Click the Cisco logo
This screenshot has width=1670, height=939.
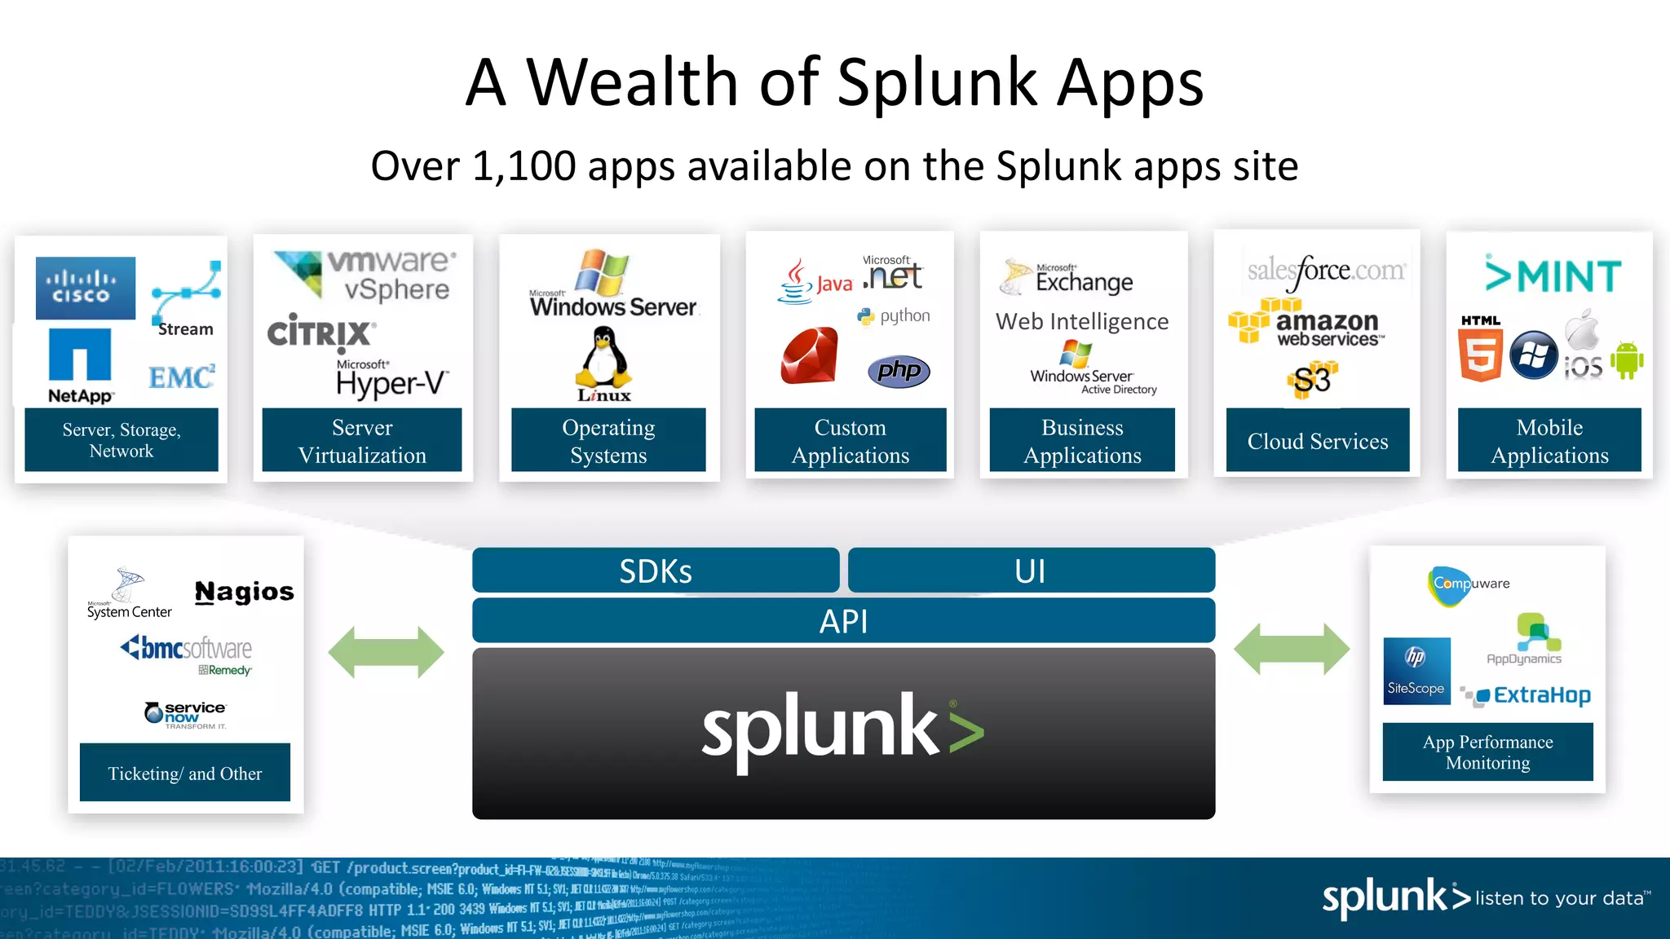pyautogui.click(x=86, y=288)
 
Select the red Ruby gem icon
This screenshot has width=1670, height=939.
pyautogui.click(x=809, y=355)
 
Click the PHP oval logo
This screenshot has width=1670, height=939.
pyautogui.click(x=899, y=371)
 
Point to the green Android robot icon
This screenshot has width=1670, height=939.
pyautogui.click(x=1627, y=359)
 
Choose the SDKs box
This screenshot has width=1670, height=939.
pyautogui.click(x=656, y=571)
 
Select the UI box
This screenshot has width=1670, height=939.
pyautogui.click(x=1031, y=571)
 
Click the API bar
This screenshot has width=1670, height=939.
pyautogui.click(x=843, y=621)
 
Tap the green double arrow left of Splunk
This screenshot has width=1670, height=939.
pyautogui.click(x=386, y=652)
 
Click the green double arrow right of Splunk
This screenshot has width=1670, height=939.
pyautogui.click(x=1292, y=649)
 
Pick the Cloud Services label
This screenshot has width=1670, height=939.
pyautogui.click(x=1317, y=441)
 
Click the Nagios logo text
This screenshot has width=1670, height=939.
pyautogui.click(x=244, y=592)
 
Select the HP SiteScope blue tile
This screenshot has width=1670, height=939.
pyautogui.click(x=1416, y=671)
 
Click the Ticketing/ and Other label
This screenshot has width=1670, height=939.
pyautogui.click(x=185, y=773)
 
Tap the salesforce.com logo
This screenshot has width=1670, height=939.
pyautogui.click(x=1326, y=271)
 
